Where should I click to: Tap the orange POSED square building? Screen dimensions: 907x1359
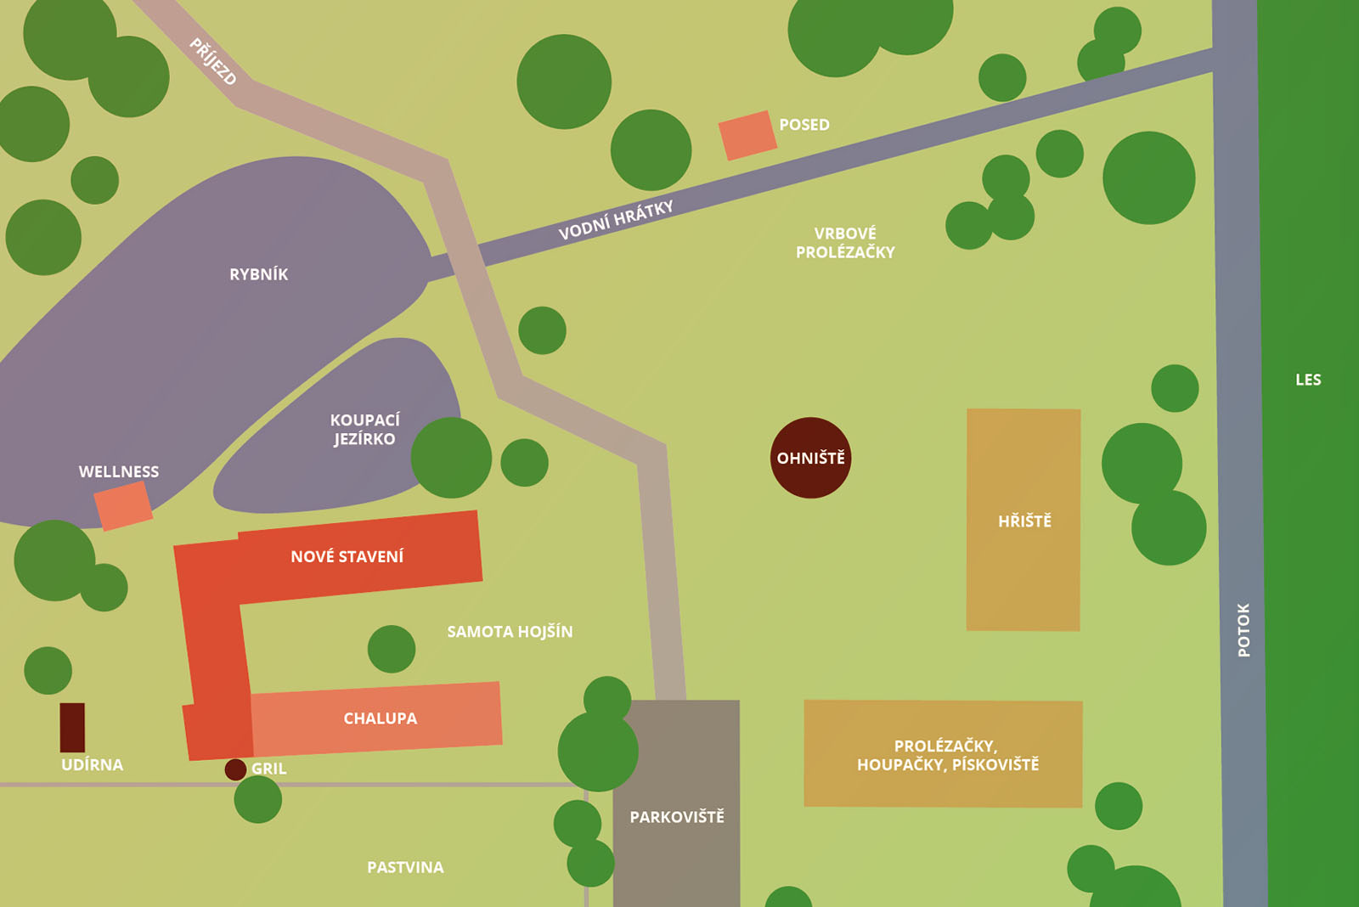747,136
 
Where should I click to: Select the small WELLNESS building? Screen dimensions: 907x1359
123,506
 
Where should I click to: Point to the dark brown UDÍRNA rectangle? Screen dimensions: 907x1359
72,727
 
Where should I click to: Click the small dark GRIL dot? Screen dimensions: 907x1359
235,769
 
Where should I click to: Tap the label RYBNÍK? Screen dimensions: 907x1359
258,274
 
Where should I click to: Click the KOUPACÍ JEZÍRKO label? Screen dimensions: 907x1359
364,430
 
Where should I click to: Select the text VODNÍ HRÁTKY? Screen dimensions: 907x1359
616,221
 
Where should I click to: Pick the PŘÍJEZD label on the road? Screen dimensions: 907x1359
212,61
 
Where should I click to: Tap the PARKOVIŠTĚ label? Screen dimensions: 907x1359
677,817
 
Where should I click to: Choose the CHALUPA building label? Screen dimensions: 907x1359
380,718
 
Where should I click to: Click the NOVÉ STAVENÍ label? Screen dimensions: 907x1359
347,556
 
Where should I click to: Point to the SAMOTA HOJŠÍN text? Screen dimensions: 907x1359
510,632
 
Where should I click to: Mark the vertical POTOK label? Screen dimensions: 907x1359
1243,630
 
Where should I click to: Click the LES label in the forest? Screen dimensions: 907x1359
1308,380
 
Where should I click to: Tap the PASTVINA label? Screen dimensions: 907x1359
405,867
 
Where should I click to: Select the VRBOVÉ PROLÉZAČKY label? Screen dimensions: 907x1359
845,242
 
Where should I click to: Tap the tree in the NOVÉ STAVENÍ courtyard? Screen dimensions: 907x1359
392,649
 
